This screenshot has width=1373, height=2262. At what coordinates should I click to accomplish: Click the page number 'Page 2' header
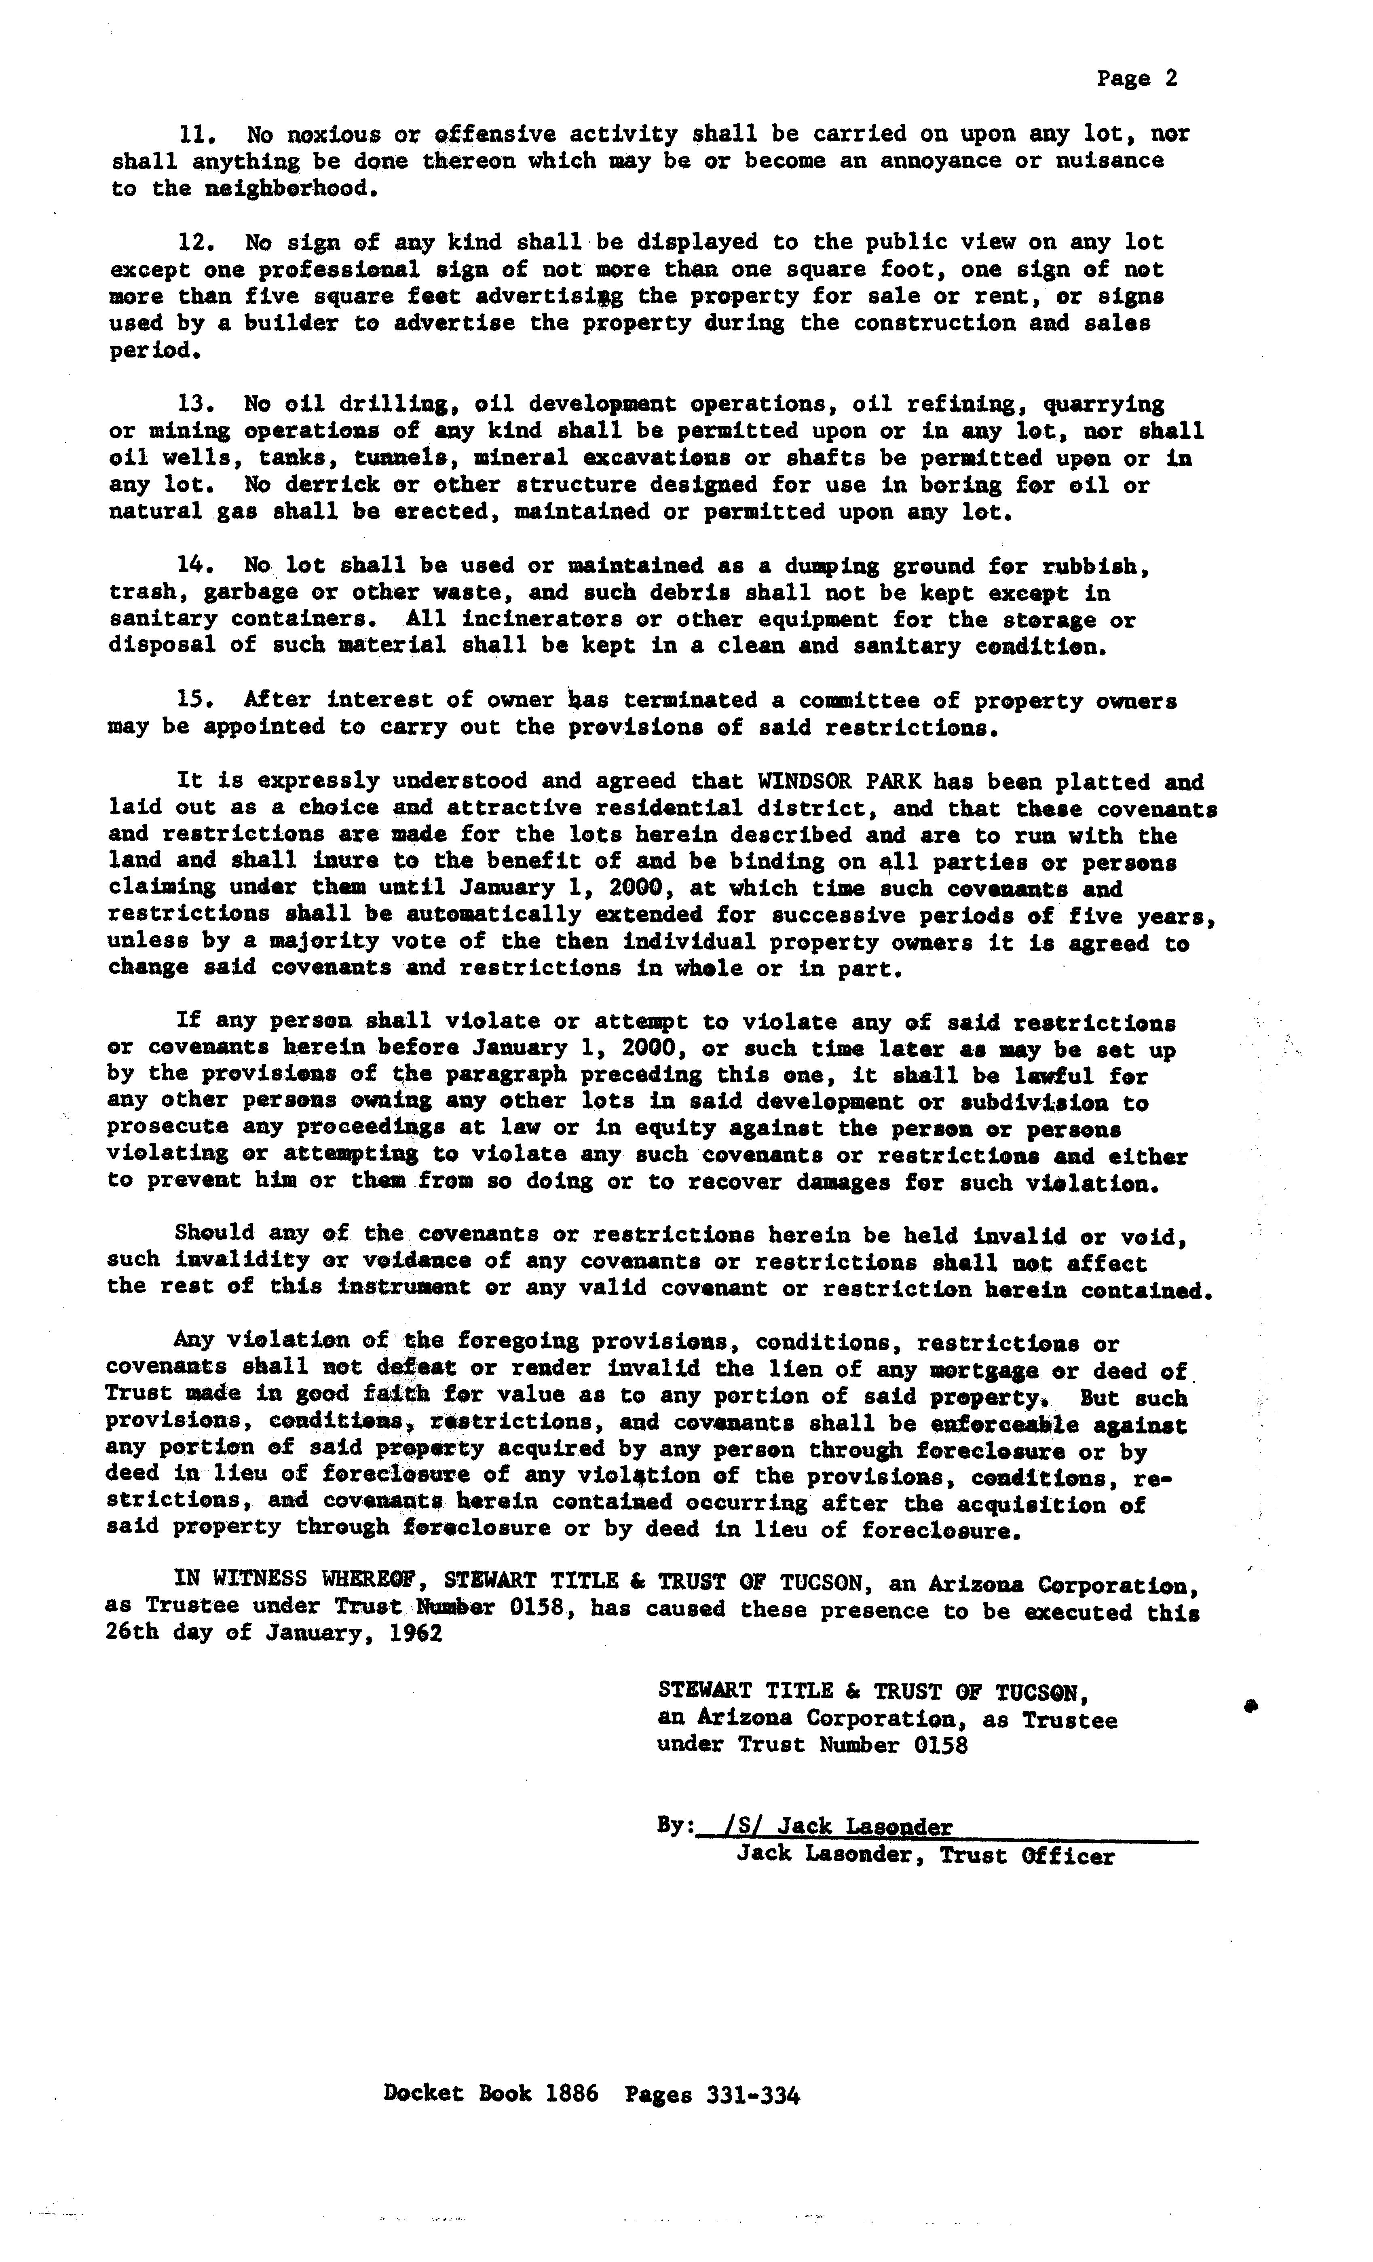[1136, 79]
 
